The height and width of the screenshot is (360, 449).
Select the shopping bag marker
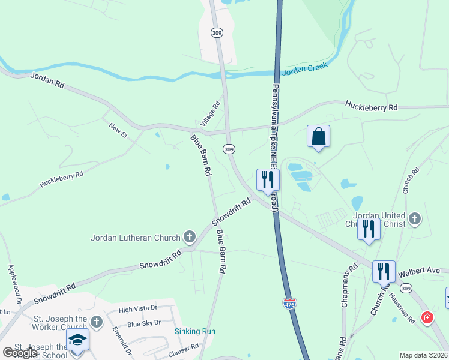pyautogui.click(x=318, y=137)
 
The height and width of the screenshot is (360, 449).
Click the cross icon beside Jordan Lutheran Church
pyautogui.click(x=189, y=237)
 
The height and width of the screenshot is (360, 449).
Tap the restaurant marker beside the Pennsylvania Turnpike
pyautogui.click(x=267, y=179)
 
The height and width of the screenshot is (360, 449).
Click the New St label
pyautogui.click(x=118, y=130)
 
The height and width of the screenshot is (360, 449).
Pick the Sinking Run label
pyautogui.click(x=195, y=331)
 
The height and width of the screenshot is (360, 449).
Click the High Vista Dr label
pyautogui.click(x=137, y=309)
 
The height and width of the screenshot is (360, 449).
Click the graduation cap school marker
pyautogui.click(x=77, y=340)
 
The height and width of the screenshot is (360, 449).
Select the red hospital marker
pyautogui.click(x=427, y=317)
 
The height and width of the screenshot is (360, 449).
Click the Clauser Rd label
pyautogui.click(x=184, y=348)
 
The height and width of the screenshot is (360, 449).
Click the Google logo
pyautogui.click(x=20, y=353)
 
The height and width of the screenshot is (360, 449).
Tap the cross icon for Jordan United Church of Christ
pyautogui.click(x=414, y=220)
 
